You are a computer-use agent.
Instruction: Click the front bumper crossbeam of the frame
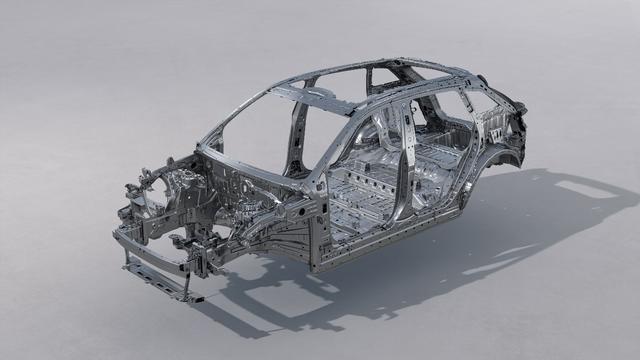pos(150,250)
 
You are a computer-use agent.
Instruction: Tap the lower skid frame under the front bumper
pos(160,283)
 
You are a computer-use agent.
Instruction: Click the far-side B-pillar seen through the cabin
pos(299,140)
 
